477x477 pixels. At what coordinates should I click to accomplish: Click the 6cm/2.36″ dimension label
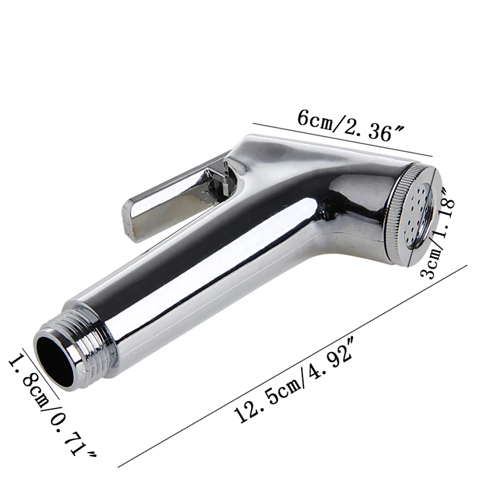pos(350,125)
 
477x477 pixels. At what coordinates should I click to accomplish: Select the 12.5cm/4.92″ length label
pos(293,380)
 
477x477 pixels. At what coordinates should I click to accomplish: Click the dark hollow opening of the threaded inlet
pos(55,361)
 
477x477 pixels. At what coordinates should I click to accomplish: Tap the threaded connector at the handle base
pos(76,350)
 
